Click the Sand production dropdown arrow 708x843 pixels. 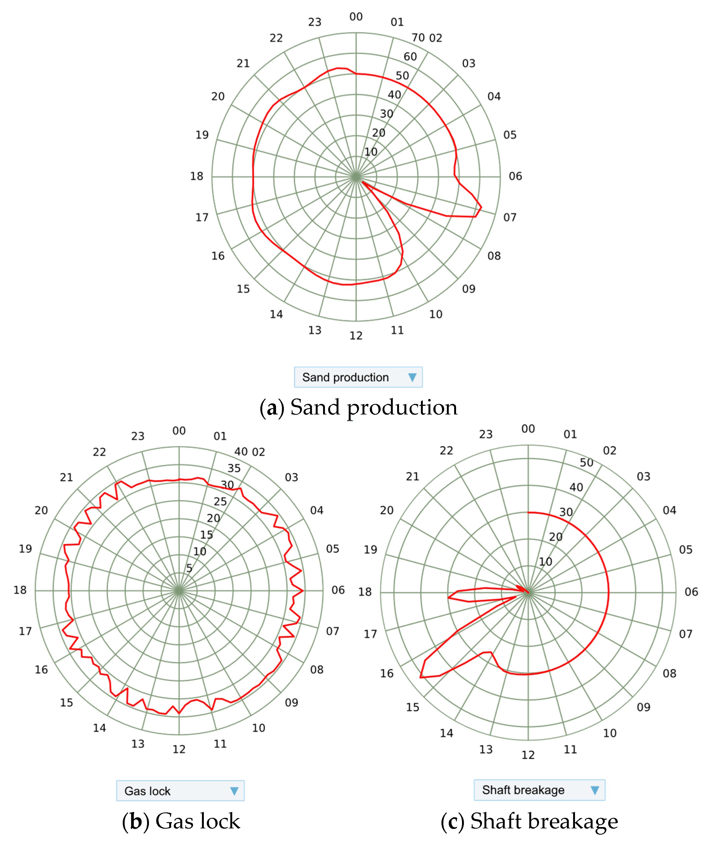click(412, 377)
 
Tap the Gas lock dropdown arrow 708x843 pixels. click(234, 791)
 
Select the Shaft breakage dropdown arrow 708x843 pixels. click(595, 790)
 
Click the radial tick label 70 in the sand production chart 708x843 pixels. click(418, 38)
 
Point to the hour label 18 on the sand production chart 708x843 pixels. click(197, 176)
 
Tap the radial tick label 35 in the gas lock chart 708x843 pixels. click(234, 468)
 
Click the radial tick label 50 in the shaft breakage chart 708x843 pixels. click(586, 463)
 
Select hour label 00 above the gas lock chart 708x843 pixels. click(179, 431)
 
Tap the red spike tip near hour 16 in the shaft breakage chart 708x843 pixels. click(421, 677)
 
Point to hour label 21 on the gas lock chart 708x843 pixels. click(67, 478)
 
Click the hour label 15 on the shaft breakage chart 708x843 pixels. click(413, 707)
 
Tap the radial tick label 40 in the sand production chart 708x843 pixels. click(394, 95)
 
